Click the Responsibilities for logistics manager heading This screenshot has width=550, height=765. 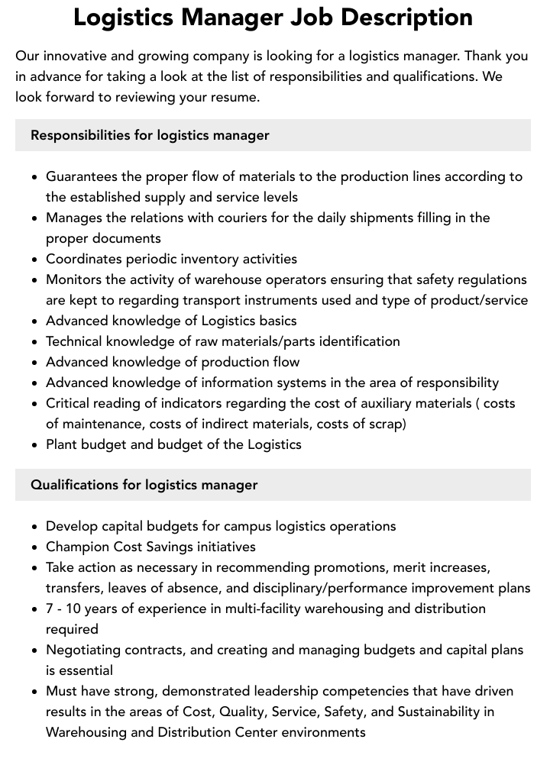[x=150, y=135]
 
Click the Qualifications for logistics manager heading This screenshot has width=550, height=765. [x=144, y=485]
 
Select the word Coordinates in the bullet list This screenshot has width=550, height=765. [x=84, y=259]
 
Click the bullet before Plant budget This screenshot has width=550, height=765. [x=35, y=445]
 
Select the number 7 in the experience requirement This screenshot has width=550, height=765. [x=50, y=608]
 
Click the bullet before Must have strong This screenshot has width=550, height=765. [x=35, y=692]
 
